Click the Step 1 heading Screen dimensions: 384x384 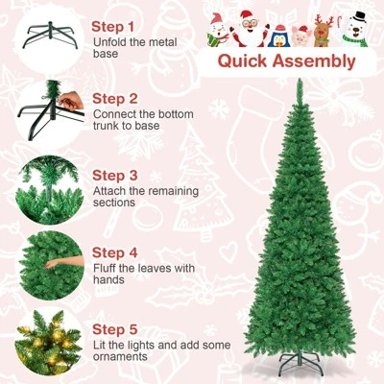pos(114,26)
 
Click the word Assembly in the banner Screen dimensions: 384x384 pos(313,62)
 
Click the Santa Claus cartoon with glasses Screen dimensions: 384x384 pos(250,28)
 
